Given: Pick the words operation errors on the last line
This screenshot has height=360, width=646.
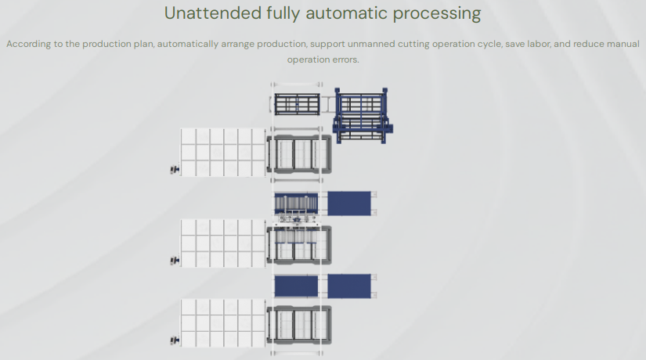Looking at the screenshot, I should tap(323, 59).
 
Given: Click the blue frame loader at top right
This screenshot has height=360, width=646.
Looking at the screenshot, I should tap(363, 115).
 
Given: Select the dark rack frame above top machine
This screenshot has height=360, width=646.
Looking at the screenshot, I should tap(297, 103).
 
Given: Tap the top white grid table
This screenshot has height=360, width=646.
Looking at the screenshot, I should tap(223, 152).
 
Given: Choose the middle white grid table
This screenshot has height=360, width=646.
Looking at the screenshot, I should tap(223, 243).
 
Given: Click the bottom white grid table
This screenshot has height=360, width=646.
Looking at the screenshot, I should tap(223, 322).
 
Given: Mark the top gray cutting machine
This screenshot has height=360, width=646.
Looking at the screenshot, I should tap(299, 154).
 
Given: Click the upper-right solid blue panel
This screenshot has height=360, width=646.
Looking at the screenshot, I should tap(348, 203).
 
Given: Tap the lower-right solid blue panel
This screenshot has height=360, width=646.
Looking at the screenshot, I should tap(348, 286).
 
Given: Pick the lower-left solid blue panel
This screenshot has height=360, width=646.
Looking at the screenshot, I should tap(296, 286).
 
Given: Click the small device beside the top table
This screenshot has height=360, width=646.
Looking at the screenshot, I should tap(175, 168).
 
